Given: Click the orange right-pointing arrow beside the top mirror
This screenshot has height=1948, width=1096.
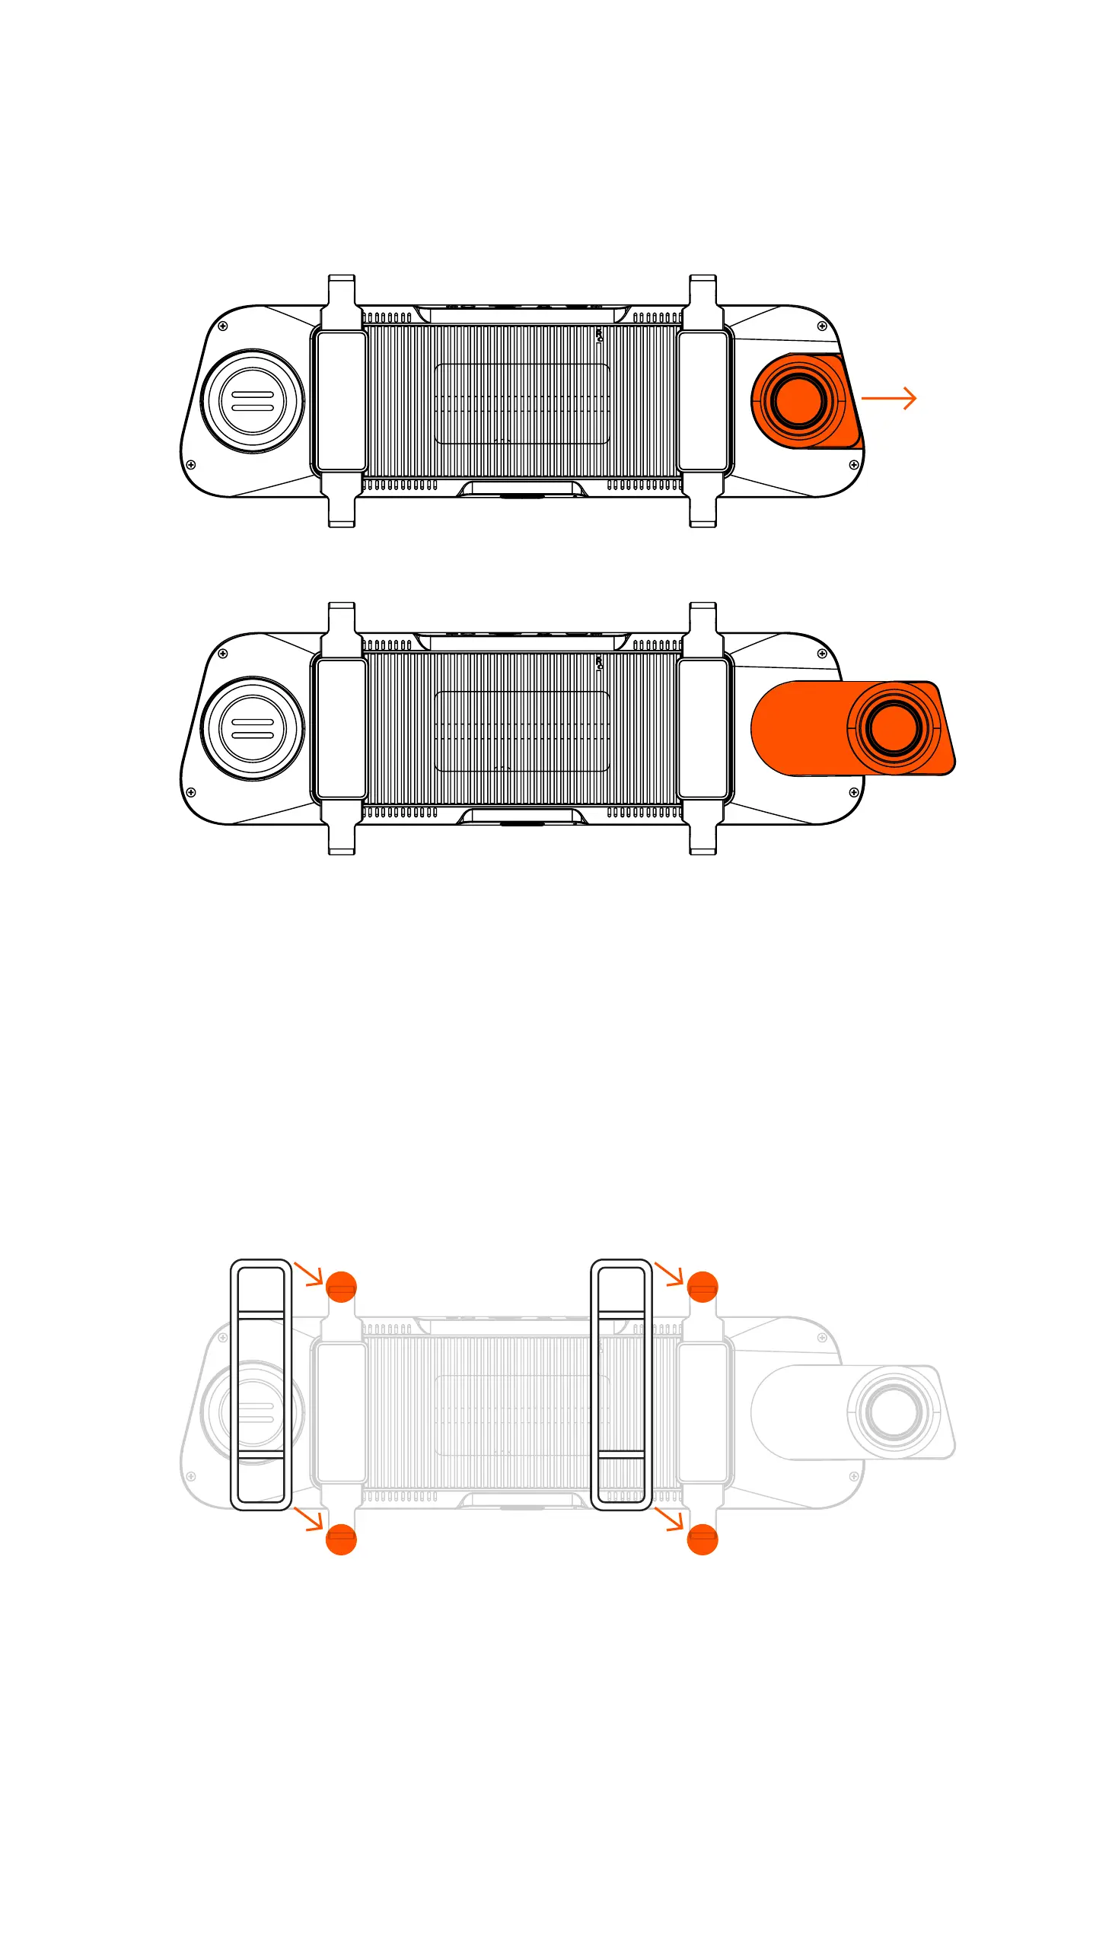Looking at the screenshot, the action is tap(888, 398).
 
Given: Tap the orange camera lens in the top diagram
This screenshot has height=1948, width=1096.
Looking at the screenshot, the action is tap(798, 400).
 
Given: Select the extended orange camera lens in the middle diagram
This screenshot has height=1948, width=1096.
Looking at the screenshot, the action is tap(894, 727).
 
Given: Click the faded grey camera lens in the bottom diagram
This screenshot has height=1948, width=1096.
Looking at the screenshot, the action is tap(894, 1411).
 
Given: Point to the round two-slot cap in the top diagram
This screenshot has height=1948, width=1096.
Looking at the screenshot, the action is tap(252, 401).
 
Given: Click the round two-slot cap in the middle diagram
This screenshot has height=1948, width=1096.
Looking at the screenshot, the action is tap(252, 728).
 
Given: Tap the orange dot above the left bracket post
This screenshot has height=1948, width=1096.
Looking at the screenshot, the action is tap(341, 1287).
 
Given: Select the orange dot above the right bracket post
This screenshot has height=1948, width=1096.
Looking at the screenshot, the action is tap(702, 1287).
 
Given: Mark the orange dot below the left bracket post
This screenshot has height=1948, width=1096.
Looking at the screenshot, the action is tap(341, 1539).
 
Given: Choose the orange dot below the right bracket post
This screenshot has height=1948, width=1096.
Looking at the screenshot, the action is tap(702, 1539).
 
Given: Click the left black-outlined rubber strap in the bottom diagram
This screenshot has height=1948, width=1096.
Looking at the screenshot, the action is tap(261, 1384).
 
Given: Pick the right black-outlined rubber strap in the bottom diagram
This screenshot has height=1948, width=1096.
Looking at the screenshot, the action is tap(621, 1384).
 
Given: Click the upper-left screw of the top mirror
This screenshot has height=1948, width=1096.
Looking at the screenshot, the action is tap(223, 326).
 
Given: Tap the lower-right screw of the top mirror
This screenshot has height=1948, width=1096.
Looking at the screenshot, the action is tap(854, 464).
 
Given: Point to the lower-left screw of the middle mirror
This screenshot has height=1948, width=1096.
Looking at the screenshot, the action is tap(191, 792).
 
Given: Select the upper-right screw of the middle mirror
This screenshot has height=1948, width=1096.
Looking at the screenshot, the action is tap(822, 654).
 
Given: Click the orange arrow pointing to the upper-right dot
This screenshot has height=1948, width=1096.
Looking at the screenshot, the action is tap(670, 1274).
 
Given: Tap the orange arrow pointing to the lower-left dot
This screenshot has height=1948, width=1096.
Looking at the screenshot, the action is tap(309, 1518).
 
